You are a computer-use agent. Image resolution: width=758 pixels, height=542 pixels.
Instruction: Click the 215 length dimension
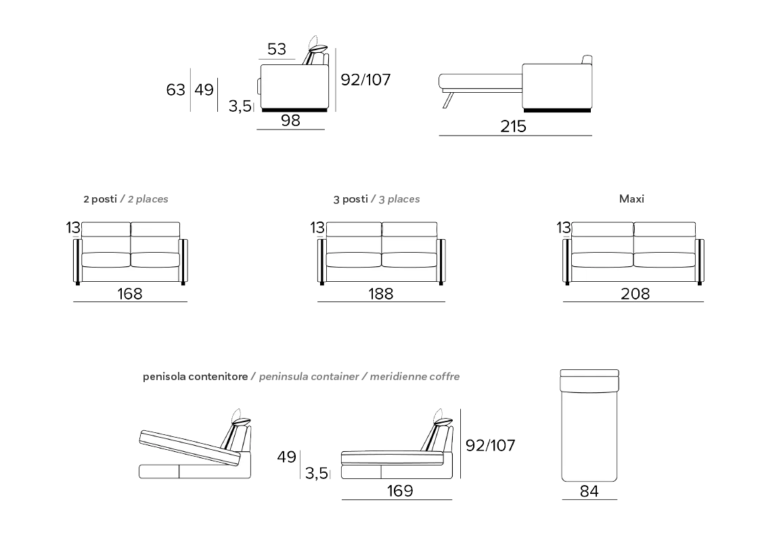tap(513, 126)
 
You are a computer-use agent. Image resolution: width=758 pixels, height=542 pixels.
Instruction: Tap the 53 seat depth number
tap(277, 49)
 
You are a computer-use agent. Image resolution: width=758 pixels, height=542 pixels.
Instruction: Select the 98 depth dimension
tap(290, 120)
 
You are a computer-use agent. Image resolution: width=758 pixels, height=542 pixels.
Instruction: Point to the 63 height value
tap(175, 89)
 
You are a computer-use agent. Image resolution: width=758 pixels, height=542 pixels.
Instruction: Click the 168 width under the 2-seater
tap(129, 294)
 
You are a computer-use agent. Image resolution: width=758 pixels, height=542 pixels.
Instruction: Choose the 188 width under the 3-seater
tap(380, 294)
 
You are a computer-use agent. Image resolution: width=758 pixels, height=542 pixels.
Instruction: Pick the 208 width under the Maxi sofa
tap(636, 294)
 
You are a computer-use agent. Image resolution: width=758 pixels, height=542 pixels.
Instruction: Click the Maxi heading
tap(631, 199)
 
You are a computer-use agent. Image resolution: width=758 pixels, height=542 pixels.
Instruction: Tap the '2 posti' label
tap(100, 199)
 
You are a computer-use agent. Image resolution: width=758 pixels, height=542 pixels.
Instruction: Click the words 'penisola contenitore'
tap(196, 377)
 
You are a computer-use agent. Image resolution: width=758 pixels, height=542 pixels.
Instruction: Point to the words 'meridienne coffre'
tap(415, 377)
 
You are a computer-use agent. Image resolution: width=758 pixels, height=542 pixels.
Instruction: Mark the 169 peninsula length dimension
tap(400, 491)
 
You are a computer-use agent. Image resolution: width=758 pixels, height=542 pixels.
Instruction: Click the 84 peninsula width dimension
tap(589, 491)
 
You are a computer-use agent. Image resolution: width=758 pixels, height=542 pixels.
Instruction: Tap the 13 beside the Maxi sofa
tap(564, 228)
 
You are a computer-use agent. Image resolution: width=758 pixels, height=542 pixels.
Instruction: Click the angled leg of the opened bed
tap(447, 100)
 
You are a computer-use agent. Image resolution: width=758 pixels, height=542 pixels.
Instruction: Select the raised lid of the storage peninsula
tap(190, 448)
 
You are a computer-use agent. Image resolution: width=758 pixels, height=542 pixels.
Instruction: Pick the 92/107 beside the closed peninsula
tap(490, 445)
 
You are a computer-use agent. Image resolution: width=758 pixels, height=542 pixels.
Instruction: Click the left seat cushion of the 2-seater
tap(106, 260)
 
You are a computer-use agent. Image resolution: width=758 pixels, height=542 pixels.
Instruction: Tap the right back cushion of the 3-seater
tap(409, 230)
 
